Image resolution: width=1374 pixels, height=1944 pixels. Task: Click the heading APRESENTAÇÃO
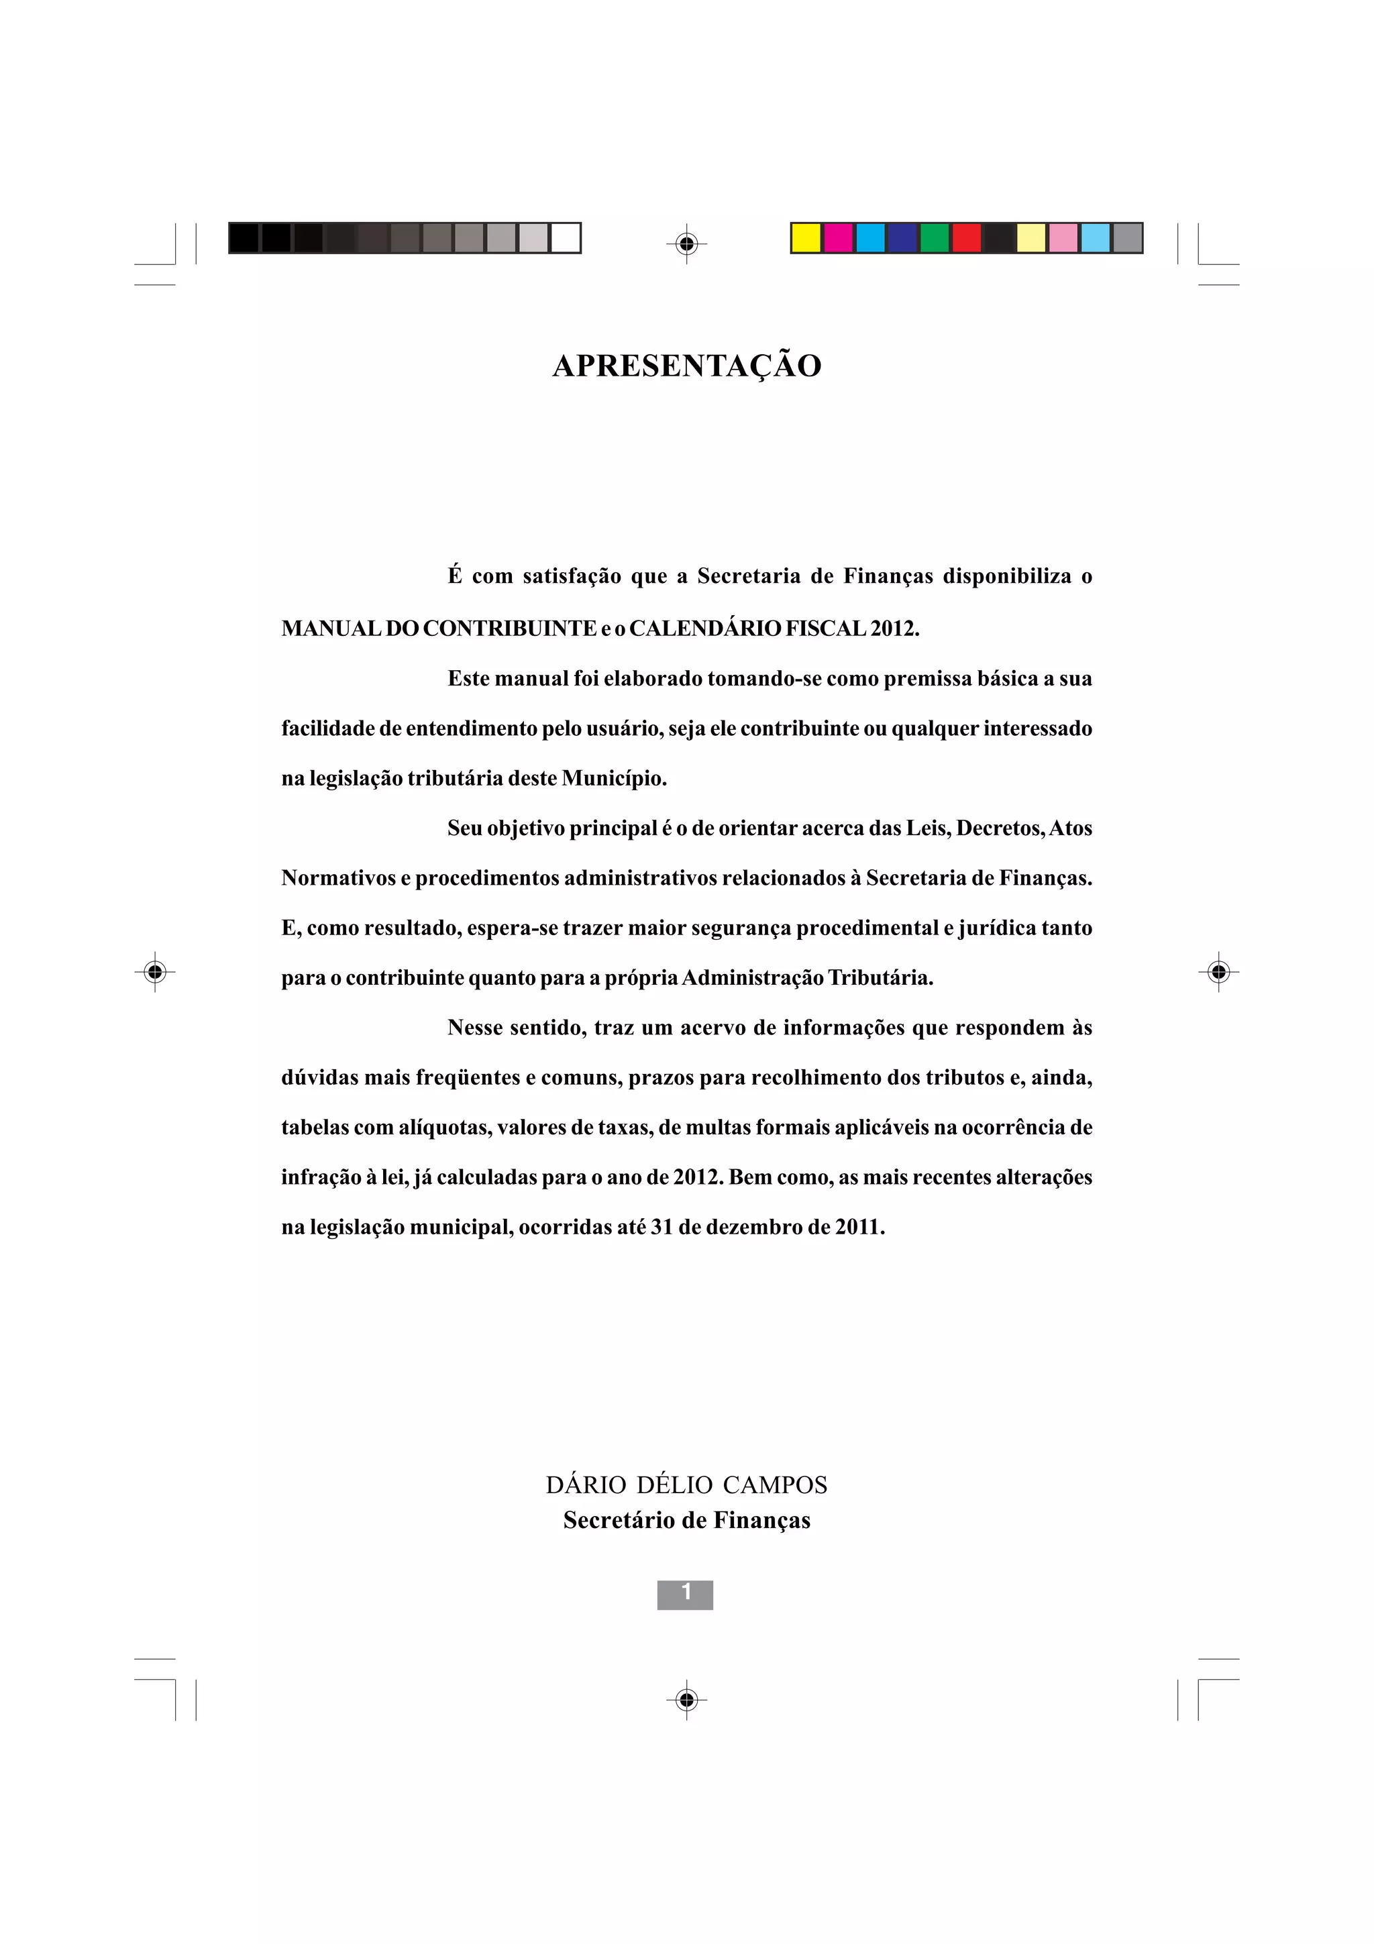pyautogui.click(x=686, y=366)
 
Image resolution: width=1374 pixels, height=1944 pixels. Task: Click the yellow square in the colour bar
pyautogui.click(x=806, y=238)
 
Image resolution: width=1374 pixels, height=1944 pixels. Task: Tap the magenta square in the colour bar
pyautogui.click(x=838, y=238)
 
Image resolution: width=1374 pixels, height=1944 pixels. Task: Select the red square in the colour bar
pyautogui.click(x=967, y=238)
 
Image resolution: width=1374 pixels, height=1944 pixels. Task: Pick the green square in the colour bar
pyautogui.click(x=935, y=238)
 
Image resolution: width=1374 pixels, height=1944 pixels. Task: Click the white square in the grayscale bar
pyautogui.click(x=566, y=238)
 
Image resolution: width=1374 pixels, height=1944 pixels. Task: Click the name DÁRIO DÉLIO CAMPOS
pyautogui.click(x=686, y=1485)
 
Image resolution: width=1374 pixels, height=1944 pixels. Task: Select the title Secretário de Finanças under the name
pyautogui.click(x=686, y=1521)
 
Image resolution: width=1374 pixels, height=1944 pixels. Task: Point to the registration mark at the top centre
pyautogui.click(x=686, y=244)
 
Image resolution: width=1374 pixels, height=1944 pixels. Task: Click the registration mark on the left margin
pyautogui.click(x=154, y=971)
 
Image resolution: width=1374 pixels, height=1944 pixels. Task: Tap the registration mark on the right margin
pyautogui.click(x=1218, y=971)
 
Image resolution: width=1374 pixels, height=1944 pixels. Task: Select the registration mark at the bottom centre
pyautogui.click(x=686, y=1699)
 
